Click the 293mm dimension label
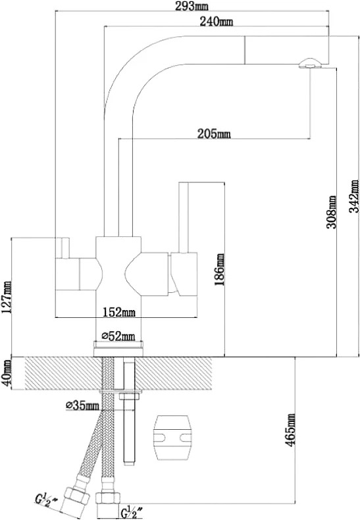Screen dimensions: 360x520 [x=190, y=6]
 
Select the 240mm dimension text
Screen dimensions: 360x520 [x=217, y=22]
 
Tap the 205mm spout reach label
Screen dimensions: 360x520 [x=214, y=134]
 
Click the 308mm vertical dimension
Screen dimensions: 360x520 [x=332, y=212]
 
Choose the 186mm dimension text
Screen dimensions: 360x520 [x=219, y=270]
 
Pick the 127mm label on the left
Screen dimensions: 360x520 [x=7, y=297]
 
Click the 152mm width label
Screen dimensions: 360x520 [x=118, y=312]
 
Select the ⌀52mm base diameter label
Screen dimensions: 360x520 [x=118, y=336]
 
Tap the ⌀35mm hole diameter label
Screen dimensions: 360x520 [x=82, y=405]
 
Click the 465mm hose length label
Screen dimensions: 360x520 [x=291, y=430]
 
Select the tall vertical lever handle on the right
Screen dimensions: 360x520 [x=184, y=217]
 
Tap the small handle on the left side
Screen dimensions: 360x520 [x=63, y=247]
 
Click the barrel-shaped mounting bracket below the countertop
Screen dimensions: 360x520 [x=172, y=437]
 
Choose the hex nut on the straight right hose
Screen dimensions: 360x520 [x=108, y=499]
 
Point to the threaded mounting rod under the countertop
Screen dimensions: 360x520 [x=128, y=412]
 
